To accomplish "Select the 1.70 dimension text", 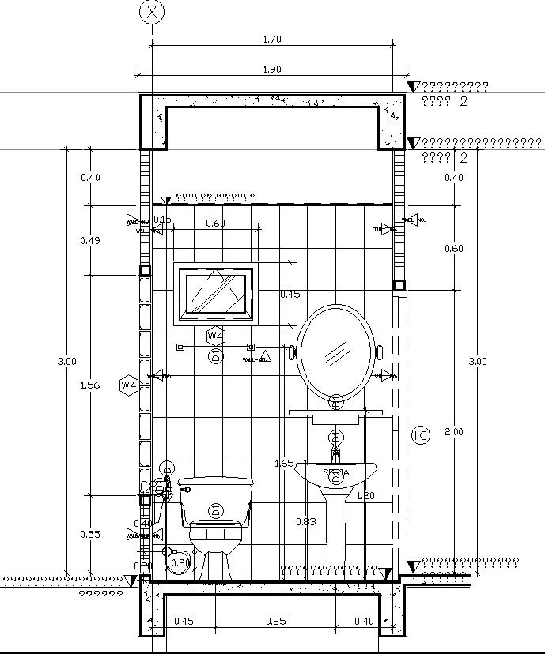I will [271, 39].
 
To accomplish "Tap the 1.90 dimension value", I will [271, 70].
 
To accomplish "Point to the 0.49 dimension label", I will [90, 241].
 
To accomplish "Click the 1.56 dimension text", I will [90, 385].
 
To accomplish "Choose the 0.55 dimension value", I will [90, 535].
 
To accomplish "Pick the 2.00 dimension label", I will [454, 432].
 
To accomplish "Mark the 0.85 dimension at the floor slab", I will [275, 622].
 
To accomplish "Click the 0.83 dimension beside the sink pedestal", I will [306, 521].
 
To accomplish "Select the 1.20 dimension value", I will [365, 496].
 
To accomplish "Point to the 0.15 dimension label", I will [162, 220].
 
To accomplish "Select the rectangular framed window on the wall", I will [215, 293].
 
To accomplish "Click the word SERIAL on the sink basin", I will [339, 472].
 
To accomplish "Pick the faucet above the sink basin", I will [335, 452].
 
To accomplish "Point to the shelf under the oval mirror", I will [335, 412].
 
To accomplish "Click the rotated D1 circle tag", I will [422, 435].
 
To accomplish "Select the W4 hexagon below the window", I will [214, 336].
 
